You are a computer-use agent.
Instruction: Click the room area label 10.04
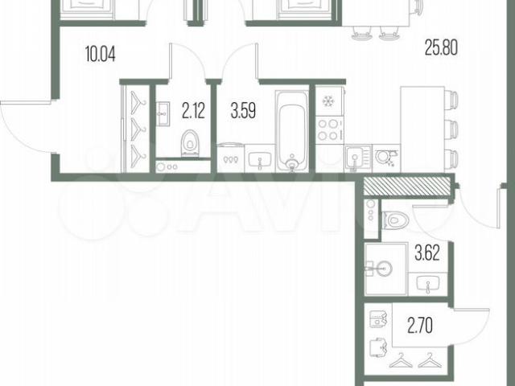pos(100,54)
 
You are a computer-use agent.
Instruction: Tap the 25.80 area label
pos(441,47)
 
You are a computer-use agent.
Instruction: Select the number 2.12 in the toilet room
pos(193,111)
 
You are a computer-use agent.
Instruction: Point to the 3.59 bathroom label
pos(243,110)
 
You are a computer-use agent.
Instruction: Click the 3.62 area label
pos(427,253)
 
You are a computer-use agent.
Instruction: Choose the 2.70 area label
pos(420,325)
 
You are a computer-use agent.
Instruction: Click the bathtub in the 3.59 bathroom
pos(292,131)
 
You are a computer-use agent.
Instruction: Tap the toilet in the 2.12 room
pos(190,143)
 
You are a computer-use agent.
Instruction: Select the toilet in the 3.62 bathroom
pos(395,220)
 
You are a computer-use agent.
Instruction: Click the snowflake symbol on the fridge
pos(328,101)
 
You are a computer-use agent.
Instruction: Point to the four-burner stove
pos(330,130)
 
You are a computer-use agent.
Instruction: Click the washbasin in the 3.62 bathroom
pos(427,284)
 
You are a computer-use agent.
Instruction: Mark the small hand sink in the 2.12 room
pos(163,114)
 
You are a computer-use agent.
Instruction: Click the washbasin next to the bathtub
pos(260,158)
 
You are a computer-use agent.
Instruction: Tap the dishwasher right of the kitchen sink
pos(386,158)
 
